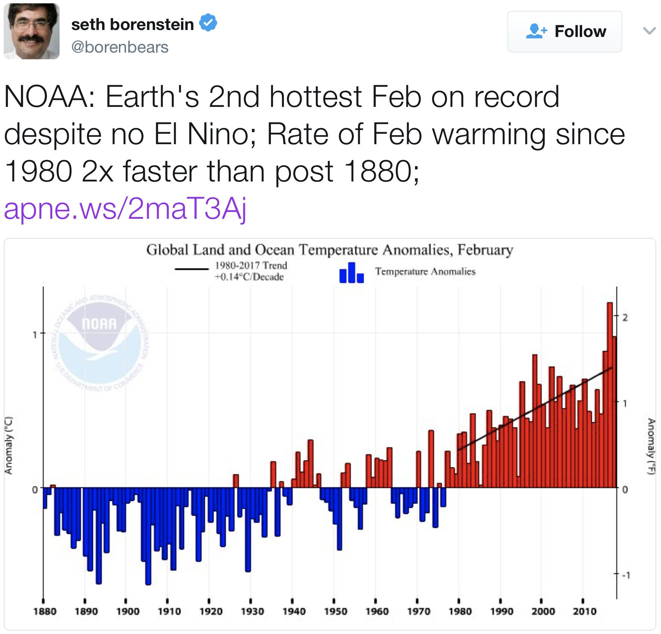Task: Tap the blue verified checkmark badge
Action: pos(208,23)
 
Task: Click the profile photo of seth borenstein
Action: pos(31,31)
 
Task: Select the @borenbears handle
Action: pos(120,47)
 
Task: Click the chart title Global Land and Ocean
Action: pos(330,250)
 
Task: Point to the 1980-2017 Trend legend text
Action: pos(251,271)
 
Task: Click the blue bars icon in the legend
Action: pos(351,273)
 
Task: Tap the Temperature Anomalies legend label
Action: pos(425,271)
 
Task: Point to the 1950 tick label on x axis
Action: pos(335,611)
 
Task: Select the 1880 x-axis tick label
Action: pos(45,611)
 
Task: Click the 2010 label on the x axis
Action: pos(584,611)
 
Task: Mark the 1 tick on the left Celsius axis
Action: pos(35,335)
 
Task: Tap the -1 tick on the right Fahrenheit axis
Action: pos(626,575)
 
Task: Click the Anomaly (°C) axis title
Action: pos(9,446)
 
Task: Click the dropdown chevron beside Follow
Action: pos(649,31)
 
